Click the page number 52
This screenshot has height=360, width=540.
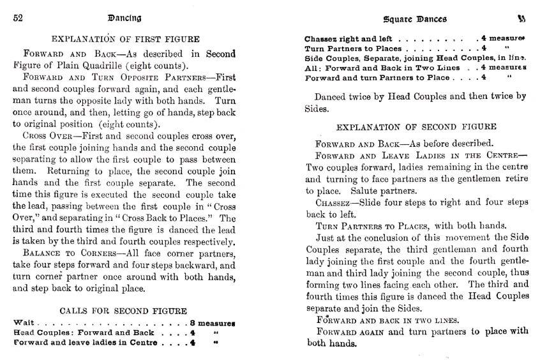20,18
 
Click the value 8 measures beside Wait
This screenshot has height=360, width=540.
213,323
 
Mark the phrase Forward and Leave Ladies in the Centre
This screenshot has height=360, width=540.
414,156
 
